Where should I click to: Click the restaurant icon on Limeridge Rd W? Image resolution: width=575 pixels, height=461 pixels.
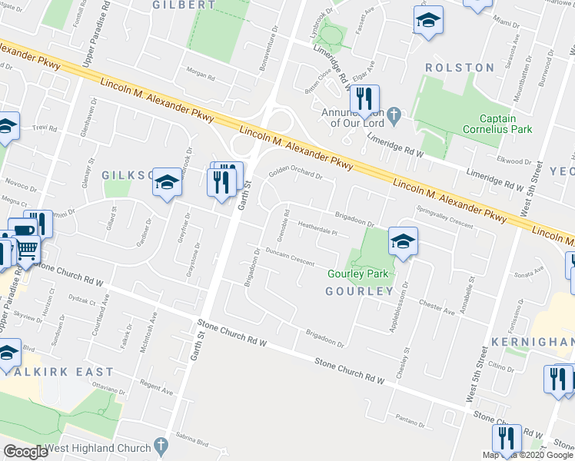(364, 100)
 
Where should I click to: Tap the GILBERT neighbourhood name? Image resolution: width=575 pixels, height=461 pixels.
(183, 5)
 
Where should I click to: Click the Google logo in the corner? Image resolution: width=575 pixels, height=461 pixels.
(25, 452)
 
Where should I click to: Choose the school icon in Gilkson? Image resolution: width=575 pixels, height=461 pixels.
(166, 183)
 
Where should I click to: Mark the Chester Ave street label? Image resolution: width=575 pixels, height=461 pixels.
(437, 306)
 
